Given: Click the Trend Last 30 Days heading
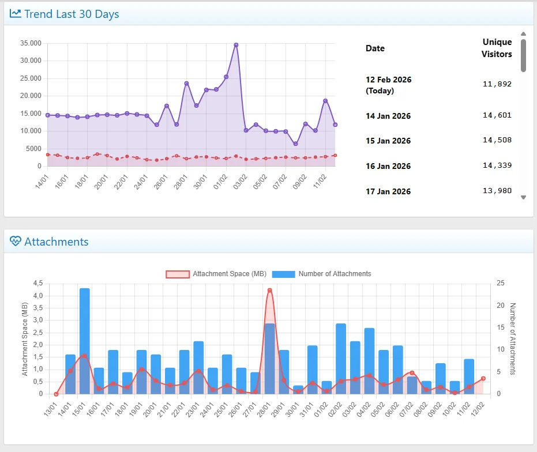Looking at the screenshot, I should point(72,14).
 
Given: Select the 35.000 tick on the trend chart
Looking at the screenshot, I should point(31,43).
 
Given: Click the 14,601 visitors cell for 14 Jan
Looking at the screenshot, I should point(497,115).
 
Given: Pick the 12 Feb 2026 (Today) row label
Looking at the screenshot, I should point(388,85).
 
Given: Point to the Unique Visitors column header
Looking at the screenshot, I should point(497,48).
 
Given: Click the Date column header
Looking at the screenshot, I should point(375,48).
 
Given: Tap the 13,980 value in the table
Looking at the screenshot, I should point(497,191).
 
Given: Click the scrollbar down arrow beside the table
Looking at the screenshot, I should point(523,197).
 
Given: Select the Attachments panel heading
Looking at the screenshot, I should point(57,242).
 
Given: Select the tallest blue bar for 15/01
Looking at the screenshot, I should point(85,340).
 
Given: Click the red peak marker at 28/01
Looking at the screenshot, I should point(269,290).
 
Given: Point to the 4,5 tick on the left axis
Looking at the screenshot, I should point(37,283).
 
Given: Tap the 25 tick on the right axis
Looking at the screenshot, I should point(501,283).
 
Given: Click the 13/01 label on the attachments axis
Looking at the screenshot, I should point(50,406).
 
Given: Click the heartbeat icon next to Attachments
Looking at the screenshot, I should point(16,242).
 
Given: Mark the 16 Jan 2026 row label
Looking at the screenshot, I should point(388,166).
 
